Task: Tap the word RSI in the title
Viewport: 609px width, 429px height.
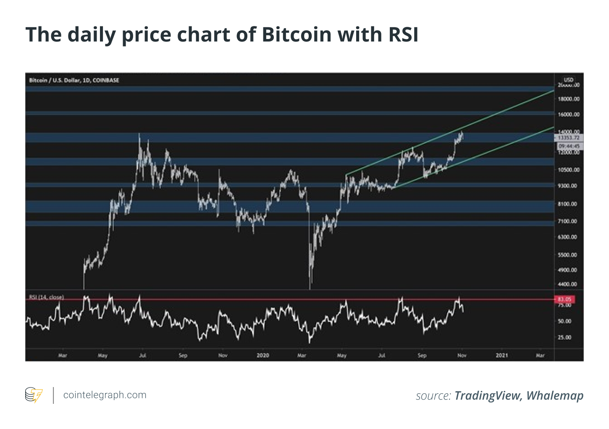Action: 403,34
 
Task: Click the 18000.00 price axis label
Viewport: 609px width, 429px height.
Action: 569,99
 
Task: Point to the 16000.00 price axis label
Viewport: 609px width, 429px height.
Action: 569,114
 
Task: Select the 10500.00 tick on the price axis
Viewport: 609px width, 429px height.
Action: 569,170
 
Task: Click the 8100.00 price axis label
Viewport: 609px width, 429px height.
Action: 569,204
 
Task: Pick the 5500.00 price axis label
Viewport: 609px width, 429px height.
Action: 569,255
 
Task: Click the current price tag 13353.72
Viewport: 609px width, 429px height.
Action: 569,138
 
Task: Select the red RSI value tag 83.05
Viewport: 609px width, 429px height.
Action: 565,299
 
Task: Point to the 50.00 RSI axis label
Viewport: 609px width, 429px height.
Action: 565,321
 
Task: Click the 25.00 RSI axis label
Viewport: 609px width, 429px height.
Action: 565,337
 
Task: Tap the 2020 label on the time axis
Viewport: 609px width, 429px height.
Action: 262,355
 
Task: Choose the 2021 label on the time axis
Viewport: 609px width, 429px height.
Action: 502,355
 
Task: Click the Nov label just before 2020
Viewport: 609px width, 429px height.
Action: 223,355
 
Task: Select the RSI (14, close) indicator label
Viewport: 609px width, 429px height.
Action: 47,297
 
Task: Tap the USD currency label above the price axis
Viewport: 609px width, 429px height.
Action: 568,80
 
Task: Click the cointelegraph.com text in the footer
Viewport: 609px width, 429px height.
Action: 105,395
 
